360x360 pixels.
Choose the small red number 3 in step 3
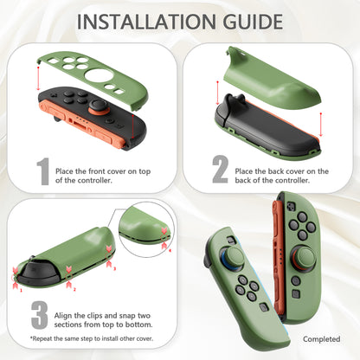pyautogui.click(x=110, y=268)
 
